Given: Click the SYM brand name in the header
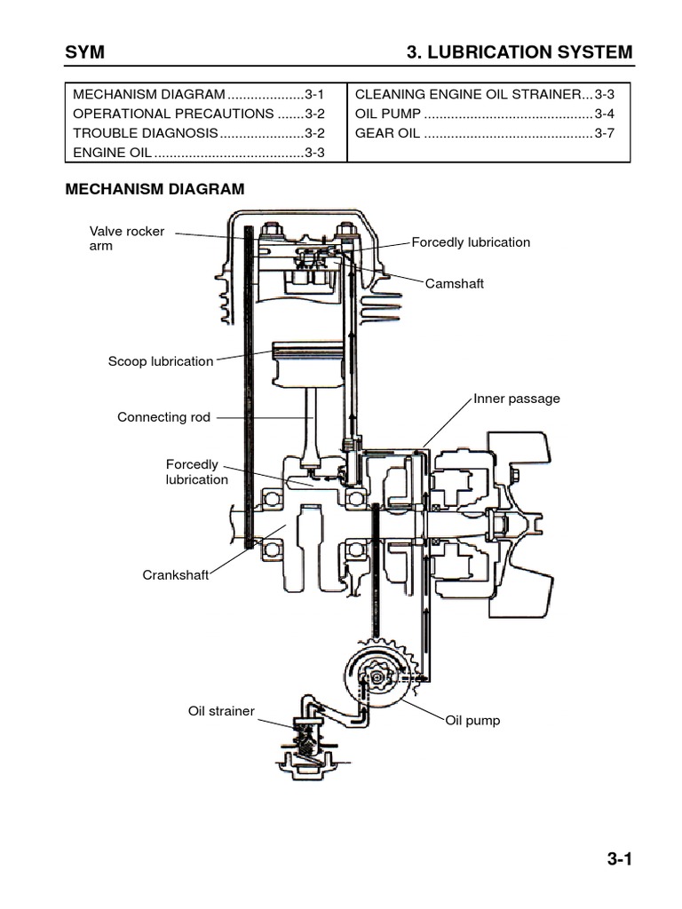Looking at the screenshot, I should click(85, 52).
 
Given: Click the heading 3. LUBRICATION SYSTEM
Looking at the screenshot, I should click(519, 52).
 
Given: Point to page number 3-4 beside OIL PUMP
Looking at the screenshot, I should click(604, 114).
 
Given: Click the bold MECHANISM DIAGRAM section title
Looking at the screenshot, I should click(155, 189).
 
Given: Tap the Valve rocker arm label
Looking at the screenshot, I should click(126, 238).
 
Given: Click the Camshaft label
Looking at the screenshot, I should click(454, 283).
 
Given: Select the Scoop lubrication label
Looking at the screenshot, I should click(161, 361).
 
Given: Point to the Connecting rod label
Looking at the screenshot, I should click(164, 417).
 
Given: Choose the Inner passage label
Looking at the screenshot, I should click(517, 399).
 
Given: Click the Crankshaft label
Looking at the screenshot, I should click(175, 574).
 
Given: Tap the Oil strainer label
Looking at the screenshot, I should click(221, 711).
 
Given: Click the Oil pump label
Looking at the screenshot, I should click(472, 720).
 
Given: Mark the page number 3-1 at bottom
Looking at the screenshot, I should click(619, 858).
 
